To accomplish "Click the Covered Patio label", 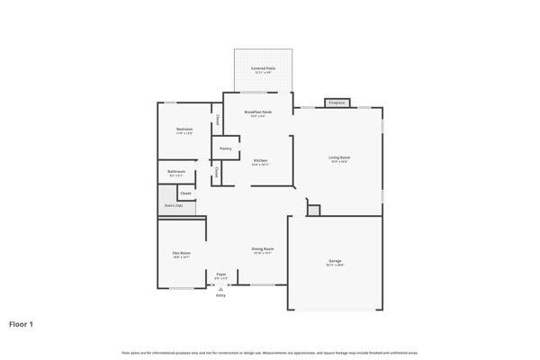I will tap(264, 67).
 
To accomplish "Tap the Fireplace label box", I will tap(337, 103).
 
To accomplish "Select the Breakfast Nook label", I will tap(258, 112).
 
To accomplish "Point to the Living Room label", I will tap(339, 157).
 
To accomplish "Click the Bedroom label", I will tap(184, 130).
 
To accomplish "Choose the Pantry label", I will tap(226, 148).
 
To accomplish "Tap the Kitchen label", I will tap(260, 160).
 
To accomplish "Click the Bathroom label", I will tap(176, 171).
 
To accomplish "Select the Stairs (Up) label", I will tap(174, 206).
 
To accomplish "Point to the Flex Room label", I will tap(182, 253).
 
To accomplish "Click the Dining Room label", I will tap(263, 248).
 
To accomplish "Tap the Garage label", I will tap(335, 261).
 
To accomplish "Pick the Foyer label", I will tap(221, 274).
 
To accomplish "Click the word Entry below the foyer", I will tap(220, 295).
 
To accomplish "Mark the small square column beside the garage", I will tap(313, 210).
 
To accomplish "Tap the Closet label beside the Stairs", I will tap(185, 193).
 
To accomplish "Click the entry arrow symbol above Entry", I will tap(220, 288).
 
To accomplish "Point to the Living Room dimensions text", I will tap(339, 161).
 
